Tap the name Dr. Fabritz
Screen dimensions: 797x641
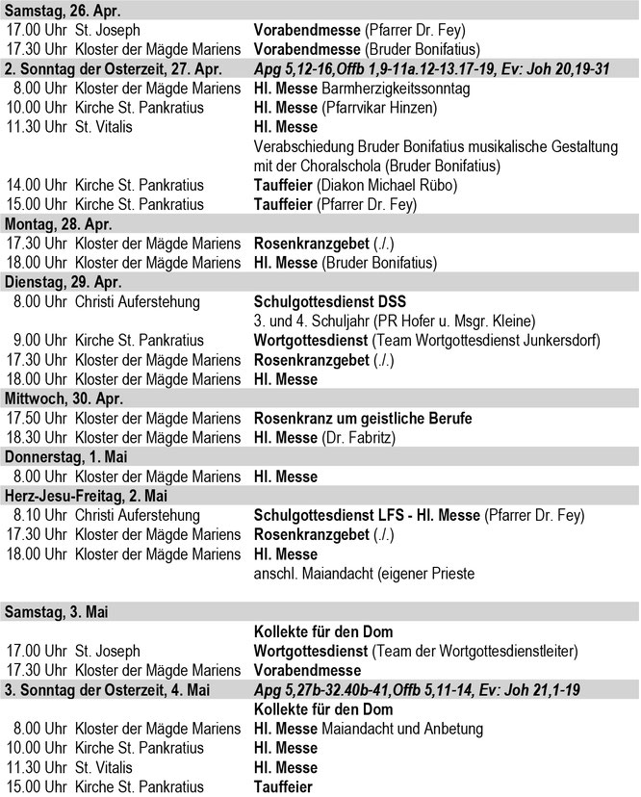360,437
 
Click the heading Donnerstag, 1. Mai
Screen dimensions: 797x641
65,457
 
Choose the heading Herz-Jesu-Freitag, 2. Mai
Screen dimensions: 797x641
89,497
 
